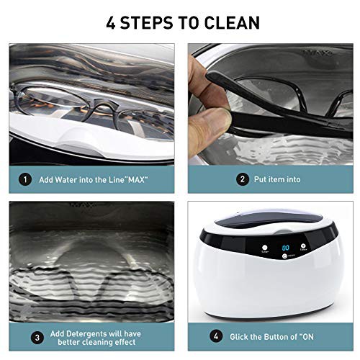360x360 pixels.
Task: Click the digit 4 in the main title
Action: click(x=111, y=23)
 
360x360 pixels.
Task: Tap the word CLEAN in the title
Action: click(x=232, y=23)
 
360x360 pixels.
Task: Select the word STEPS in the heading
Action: click(x=146, y=23)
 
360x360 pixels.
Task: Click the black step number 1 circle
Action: click(x=25, y=179)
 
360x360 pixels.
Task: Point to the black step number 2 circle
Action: click(x=242, y=179)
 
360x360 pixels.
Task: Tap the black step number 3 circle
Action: click(x=37, y=338)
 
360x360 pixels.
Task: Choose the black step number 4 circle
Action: click(x=216, y=336)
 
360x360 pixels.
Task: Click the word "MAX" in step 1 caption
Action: click(x=136, y=179)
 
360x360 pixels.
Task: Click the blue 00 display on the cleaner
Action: click(x=286, y=248)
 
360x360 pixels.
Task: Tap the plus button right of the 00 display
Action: click(x=303, y=246)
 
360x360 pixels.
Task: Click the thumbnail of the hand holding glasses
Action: click(x=271, y=104)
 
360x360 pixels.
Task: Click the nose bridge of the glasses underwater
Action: click(x=103, y=107)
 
